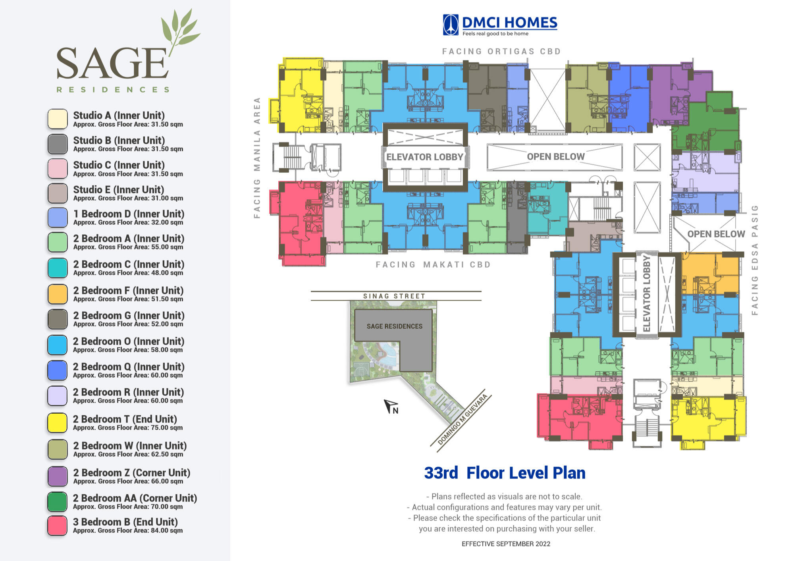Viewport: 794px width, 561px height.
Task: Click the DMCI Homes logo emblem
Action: pos(451,25)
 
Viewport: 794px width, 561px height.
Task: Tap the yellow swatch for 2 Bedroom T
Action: pos(57,423)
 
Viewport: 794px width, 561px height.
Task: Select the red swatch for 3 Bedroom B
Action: pos(57,526)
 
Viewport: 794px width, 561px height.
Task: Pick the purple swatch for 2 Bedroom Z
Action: pos(57,476)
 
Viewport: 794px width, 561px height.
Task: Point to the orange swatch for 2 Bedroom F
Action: pos(57,294)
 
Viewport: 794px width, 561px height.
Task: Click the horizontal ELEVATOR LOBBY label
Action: pos(425,157)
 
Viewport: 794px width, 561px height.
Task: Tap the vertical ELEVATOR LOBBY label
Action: pos(647,294)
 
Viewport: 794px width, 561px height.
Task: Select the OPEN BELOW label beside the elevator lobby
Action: pos(556,156)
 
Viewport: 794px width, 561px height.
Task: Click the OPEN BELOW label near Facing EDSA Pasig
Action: pos(716,234)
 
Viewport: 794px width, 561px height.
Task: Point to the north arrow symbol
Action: pos(391,407)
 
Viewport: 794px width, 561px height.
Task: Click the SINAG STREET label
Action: pos(394,296)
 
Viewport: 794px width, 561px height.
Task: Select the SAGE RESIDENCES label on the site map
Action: pos(395,326)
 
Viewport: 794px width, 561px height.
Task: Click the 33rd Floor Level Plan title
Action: pos(505,473)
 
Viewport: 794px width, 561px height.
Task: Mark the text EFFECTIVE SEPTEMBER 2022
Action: pos(506,544)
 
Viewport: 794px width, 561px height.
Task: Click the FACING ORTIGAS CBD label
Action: pos(501,51)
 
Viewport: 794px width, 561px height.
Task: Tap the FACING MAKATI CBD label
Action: pos(433,264)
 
